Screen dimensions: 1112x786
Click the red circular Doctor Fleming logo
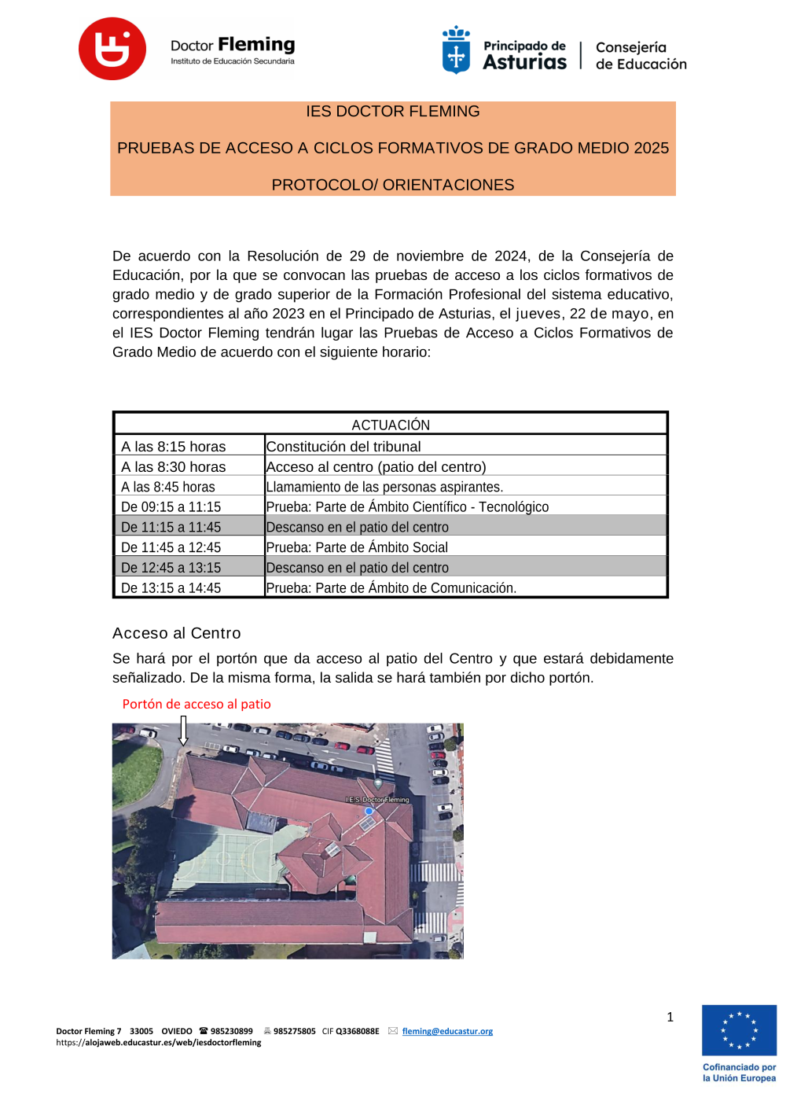click(x=112, y=49)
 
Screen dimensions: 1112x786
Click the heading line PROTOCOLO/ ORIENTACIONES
click(x=393, y=185)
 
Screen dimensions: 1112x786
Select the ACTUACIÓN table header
click(x=391, y=425)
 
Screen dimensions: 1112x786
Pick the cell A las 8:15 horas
click(x=174, y=447)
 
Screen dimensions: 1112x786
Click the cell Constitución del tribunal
click(x=343, y=447)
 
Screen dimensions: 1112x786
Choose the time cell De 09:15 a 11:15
click(x=171, y=507)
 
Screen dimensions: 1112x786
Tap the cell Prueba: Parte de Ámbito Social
click(x=357, y=547)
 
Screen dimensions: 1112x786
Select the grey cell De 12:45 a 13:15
click(x=171, y=568)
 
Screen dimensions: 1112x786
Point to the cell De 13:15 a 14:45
click(x=171, y=588)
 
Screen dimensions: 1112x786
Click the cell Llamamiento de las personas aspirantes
click(x=384, y=488)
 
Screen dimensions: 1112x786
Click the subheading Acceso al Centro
click(x=177, y=633)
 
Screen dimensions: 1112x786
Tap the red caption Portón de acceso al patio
click(x=196, y=704)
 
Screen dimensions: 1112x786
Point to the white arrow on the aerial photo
click(x=183, y=731)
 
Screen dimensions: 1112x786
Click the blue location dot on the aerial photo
click(x=369, y=811)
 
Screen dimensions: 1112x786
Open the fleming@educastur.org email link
click(x=447, y=1031)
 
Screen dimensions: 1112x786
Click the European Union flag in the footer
click(x=739, y=1030)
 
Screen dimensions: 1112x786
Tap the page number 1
click(x=670, y=1017)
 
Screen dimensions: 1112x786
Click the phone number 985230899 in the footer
click(x=231, y=1031)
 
